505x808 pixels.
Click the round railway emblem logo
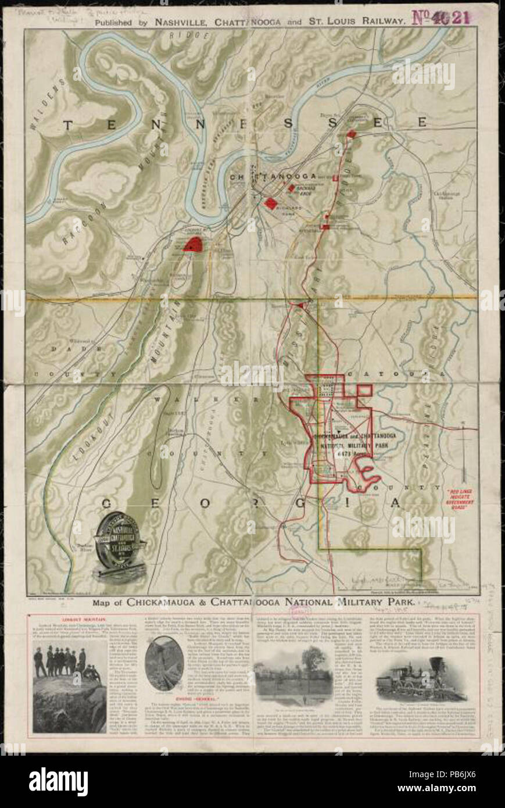point(120,545)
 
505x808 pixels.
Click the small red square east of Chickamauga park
point(364,389)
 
